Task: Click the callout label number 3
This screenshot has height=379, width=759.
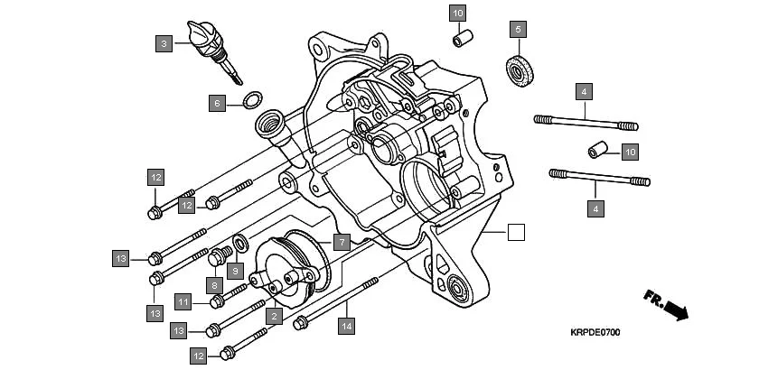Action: tap(164, 42)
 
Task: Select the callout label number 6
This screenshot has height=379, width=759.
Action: tap(217, 103)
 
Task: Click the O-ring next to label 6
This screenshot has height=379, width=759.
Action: tap(255, 97)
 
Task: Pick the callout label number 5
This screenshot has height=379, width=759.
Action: tap(518, 30)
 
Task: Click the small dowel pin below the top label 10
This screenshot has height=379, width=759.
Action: tap(463, 41)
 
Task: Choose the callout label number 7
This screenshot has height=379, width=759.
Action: tap(341, 242)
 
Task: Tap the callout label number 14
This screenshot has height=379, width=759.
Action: tap(346, 327)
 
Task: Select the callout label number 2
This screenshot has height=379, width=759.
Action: tap(272, 316)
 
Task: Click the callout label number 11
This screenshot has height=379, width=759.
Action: tap(183, 301)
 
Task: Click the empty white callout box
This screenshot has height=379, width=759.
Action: tap(515, 232)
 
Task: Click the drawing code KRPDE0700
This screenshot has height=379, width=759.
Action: tap(595, 333)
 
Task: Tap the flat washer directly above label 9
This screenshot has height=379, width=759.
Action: tap(241, 243)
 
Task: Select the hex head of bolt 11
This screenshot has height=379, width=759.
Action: tap(218, 301)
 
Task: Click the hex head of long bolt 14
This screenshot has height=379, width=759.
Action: tap(301, 320)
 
